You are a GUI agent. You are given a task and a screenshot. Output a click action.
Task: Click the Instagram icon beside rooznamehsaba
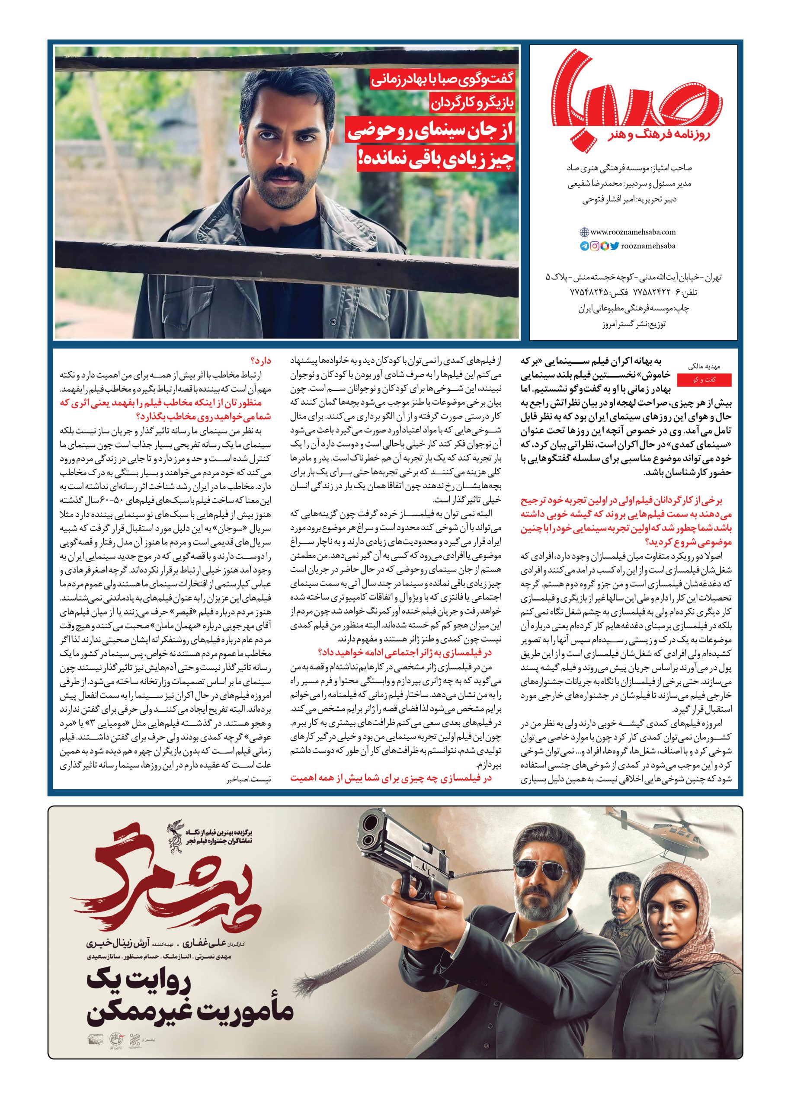595,246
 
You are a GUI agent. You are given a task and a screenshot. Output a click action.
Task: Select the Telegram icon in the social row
584,246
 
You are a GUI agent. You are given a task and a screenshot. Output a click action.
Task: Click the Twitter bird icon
614,246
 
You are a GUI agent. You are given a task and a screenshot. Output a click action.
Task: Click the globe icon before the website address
584,232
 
